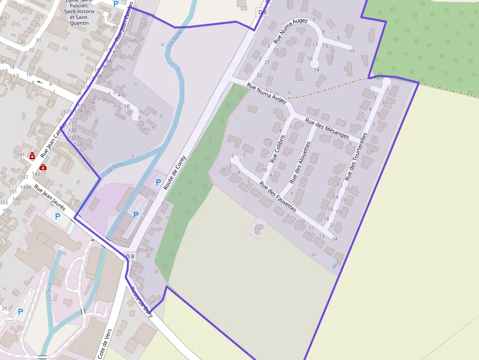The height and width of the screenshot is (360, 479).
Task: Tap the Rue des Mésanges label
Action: coord(327,128)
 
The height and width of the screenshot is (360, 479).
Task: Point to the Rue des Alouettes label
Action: coord(300,163)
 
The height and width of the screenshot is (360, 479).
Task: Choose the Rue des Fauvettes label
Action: coord(278,196)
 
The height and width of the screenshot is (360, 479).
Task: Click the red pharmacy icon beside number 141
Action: coord(32,156)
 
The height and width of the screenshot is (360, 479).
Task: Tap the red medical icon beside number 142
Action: coord(43,167)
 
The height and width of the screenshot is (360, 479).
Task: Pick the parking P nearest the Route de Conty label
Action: coord(157,182)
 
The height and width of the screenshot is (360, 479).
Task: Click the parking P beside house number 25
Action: coord(21,311)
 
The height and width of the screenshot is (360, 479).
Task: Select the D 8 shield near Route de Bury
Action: coord(130,256)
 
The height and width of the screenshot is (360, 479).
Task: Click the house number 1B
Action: coord(127,106)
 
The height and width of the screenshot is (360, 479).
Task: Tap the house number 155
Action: coord(4,202)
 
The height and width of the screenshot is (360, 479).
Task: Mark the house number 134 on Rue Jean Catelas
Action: coord(78,144)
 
